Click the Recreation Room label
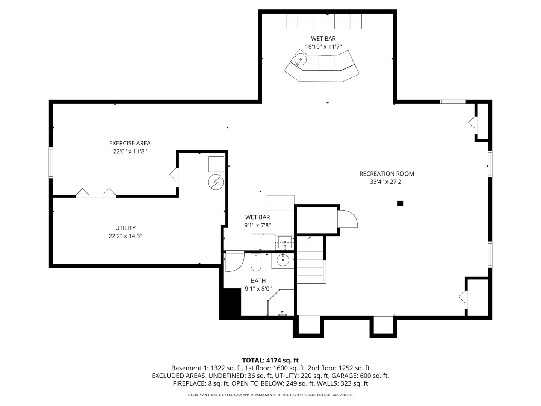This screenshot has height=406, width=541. coord(387,174)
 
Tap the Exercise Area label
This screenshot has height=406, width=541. coord(130,143)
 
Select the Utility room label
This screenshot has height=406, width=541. coord(125,228)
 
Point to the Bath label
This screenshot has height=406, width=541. coord(258,280)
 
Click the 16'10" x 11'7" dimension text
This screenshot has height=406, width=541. coord(323,47)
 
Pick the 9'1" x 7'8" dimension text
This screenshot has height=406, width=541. coord(258,225)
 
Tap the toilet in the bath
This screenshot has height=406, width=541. coord(256,262)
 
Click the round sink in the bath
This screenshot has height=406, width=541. coord(283,260)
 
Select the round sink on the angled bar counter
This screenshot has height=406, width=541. coord(301,59)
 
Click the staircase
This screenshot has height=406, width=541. coord(310,260)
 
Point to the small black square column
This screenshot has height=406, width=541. coord(400,203)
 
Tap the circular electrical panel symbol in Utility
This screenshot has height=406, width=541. coord(216,182)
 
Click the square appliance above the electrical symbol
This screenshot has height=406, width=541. coord(216,164)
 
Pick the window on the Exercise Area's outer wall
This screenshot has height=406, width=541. coord(51,163)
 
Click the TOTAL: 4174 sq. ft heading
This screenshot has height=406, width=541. coord(270,360)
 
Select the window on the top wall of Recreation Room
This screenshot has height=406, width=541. coord(452,101)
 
